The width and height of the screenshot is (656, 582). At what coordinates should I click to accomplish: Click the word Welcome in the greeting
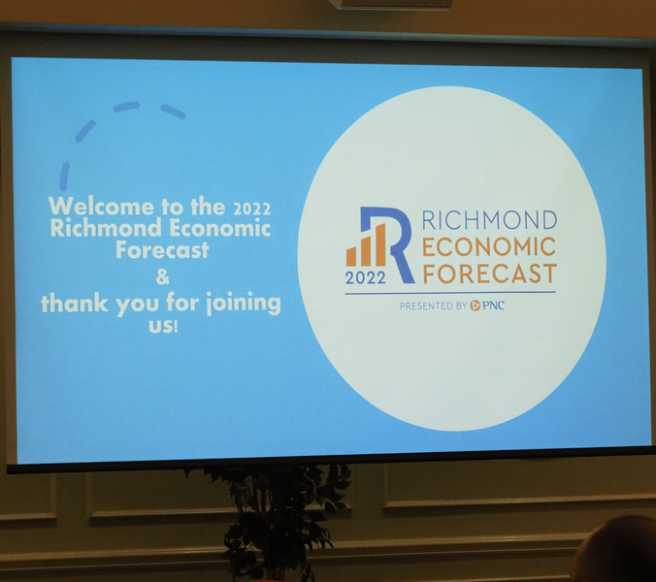pyautogui.click(x=101, y=206)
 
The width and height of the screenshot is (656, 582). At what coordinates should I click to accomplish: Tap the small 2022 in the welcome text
pyautogui.click(x=251, y=209)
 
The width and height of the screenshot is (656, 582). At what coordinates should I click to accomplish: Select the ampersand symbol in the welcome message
pyautogui.click(x=162, y=276)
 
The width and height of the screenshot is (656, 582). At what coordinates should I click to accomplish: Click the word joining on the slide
pyautogui.click(x=244, y=303)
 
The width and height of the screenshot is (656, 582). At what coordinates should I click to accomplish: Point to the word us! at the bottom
pyautogui.click(x=163, y=326)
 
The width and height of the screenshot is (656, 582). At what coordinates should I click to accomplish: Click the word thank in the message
pyautogui.click(x=75, y=303)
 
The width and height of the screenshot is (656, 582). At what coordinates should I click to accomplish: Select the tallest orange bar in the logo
pyautogui.click(x=380, y=244)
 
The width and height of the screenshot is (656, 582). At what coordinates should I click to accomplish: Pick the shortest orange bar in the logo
pyautogui.click(x=351, y=256)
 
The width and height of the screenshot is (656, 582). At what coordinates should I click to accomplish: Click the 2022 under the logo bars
pyautogui.click(x=365, y=277)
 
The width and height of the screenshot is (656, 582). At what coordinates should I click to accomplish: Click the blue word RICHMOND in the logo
pyautogui.click(x=489, y=220)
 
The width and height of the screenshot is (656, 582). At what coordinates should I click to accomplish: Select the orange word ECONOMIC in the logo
pyautogui.click(x=489, y=246)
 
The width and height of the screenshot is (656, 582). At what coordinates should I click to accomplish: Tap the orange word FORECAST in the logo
pyautogui.click(x=490, y=274)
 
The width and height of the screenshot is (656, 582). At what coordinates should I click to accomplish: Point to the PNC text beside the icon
pyautogui.click(x=494, y=306)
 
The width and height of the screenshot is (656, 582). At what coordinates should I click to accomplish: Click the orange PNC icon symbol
pyautogui.click(x=476, y=306)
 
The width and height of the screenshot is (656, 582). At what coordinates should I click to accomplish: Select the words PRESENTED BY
pyautogui.click(x=433, y=307)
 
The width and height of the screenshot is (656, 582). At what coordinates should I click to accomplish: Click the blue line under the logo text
pyautogui.click(x=450, y=293)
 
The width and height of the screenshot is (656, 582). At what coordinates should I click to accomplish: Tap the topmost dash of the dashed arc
pyautogui.click(x=126, y=106)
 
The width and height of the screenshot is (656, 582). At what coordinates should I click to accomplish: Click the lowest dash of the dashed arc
pyautogui.click(x=64, y=177)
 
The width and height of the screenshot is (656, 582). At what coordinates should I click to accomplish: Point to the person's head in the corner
pyautogui.click(x=615, y=549)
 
